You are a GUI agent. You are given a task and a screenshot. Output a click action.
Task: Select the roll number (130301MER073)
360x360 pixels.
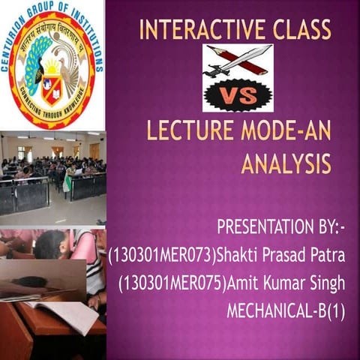pyautogui.click(x=161, y=256)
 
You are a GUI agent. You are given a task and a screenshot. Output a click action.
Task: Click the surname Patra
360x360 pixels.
pyautogui.click(x=325, y=256)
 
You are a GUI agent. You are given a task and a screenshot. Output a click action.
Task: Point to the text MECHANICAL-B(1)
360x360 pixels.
pyautogui.click(x=285, y=308)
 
